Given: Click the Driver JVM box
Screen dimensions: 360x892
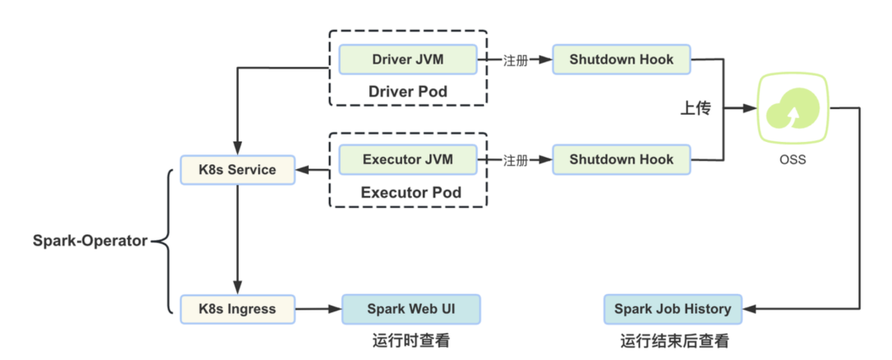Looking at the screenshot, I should tap(408, 59).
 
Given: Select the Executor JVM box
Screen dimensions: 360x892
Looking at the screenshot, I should tap(408, 159).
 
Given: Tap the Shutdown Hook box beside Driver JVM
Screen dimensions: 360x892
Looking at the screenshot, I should tap(621, 59).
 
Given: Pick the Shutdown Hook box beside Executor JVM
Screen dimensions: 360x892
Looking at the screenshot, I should tap(621, 159).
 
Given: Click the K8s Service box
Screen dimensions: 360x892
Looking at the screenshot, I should tap(237, 170).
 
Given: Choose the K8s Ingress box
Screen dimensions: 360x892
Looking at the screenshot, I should tap(237, 309).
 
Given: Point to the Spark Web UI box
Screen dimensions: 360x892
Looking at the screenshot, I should tap(410, 309).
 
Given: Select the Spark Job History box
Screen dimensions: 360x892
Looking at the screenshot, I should tap(672, 309).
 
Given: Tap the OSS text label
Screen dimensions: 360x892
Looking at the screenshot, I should tap(791, 160).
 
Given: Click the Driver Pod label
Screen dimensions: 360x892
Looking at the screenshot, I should tap(408, 91).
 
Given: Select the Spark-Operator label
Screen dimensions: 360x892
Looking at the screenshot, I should tap(90, 241).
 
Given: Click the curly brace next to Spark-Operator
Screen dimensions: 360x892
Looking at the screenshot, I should tap(165, 241).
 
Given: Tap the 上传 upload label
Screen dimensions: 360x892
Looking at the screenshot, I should tap(695, 109).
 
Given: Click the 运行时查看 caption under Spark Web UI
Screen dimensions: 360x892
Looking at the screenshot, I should tap(410, 340).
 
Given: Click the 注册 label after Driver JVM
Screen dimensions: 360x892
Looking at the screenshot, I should tap(515, 60).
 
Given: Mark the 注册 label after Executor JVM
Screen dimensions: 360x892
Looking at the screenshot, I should tap(515, 160).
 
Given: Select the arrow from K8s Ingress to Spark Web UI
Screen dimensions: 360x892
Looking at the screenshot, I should tap(318, 310).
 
